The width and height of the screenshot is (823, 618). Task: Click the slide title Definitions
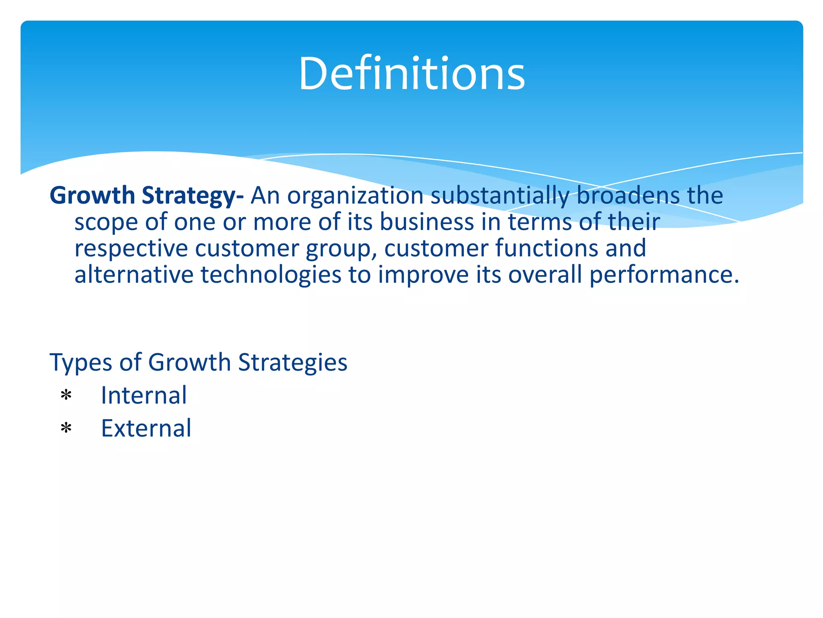(x=411, y=74)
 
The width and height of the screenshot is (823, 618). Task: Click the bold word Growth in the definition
(x=92, y=196)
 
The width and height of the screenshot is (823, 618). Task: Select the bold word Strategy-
(x=192, y=196)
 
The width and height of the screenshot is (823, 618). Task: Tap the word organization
(x=355, y=196)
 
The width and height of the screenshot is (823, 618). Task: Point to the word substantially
(x=500, y=196)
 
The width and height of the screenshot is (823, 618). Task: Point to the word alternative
(x=134, y=275)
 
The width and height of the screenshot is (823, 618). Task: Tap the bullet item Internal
(x=144, y=395)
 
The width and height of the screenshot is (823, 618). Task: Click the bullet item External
(x=146, y=428)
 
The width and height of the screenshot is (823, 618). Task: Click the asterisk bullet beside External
(x=66, y=428)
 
